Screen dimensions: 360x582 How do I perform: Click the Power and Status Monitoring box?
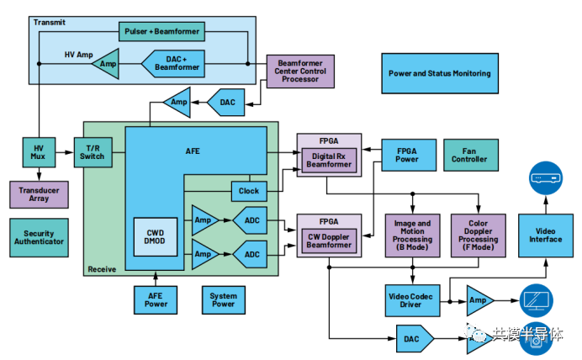pos(439,73)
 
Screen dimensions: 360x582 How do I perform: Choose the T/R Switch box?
pos(92,152)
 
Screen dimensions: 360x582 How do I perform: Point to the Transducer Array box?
pos(38,194)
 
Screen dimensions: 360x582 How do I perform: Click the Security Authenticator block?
pos(38,238)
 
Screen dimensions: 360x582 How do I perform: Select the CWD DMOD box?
pos(155,238)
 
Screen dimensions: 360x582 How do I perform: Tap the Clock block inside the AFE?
pos(249,190)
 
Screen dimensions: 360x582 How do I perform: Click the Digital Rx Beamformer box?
pos(329,161)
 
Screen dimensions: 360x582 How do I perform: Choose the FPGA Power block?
pos(407,156)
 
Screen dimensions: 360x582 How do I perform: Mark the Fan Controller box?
pos(469,155)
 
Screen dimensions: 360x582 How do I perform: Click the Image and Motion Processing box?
pos(412,234)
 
